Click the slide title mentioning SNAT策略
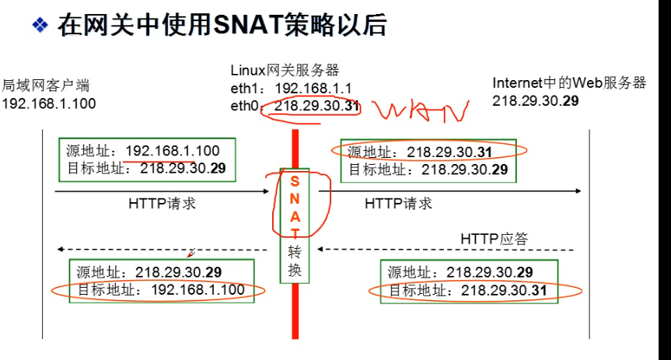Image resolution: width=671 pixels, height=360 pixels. point(222,26)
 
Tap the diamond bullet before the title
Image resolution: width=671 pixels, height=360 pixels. point(40,26)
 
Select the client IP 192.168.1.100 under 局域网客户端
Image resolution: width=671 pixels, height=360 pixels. point(49,103)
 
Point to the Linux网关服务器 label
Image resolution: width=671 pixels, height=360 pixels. point(285,71)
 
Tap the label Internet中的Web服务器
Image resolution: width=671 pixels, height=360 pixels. point(569,83)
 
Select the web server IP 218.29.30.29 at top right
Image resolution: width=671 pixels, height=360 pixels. point(536,100)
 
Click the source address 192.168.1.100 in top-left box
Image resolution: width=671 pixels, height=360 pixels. point(173,151)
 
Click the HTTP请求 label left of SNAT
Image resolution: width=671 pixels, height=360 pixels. point(162,204)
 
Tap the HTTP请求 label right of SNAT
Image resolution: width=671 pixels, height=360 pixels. point(398,204)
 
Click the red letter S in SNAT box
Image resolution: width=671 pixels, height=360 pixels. point(295,180)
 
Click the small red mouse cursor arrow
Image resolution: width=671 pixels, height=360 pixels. point(190,253)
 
